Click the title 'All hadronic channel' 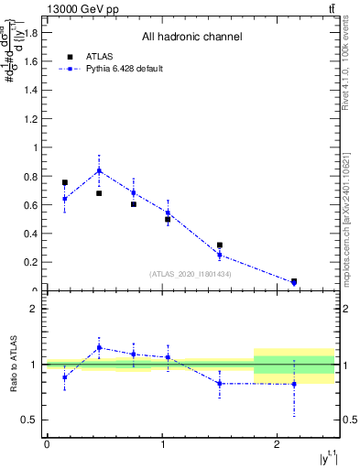[x=191, y=38]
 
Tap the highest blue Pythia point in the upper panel [x=99, y=170]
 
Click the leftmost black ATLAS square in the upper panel [x=64, y=182]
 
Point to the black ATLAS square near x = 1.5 [x=220, y=245]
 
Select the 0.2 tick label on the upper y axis [x=30, y=262]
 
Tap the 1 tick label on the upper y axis [x=35, y=147]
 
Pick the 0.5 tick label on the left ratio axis [x=28, y=420]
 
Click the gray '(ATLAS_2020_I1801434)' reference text [x=191, y=274]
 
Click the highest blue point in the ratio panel [x=99, y=347]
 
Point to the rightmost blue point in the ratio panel [x=294, y=384]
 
